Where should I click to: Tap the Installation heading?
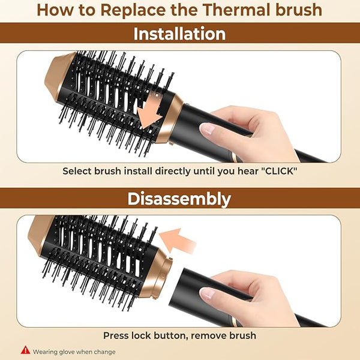click(179, 34)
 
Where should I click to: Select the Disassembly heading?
click(179, 199)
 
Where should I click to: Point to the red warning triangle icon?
click(25, 350)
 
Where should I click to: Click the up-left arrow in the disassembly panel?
click(178, 241)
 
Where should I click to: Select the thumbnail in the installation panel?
click(207, 128)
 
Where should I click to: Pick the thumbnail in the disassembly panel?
click(207, 293)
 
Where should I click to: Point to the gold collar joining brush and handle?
click(170, 118)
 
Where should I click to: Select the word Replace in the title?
click(133, 11)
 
